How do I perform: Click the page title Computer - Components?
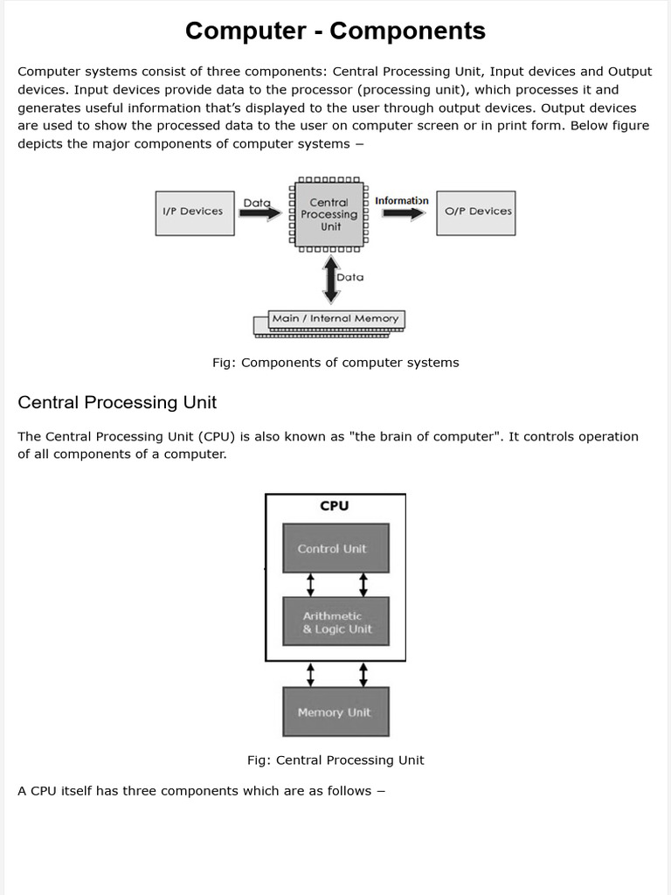tap(335, 31)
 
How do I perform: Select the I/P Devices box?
tap(195, 212)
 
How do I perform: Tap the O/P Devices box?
tap(475, 212)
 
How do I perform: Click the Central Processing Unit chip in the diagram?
tap(329, 214)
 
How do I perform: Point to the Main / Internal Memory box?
tap(335, 319)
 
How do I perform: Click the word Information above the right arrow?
tap(402, 201)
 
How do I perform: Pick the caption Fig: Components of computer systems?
tap(335, 363)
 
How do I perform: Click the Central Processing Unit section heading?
tap(117, 403)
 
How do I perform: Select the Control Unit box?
tap(335, 549)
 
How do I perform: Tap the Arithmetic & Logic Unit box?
tap(335, 621)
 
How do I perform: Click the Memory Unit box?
tap(335, 712)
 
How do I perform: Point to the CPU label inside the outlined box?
tap(335, 506)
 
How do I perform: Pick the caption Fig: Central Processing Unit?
tap(335, 760)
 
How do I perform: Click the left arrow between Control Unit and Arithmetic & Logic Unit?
tap(308, 585)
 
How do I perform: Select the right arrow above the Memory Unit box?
tap(363, 674)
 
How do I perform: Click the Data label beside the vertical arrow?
tap(350, 277)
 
